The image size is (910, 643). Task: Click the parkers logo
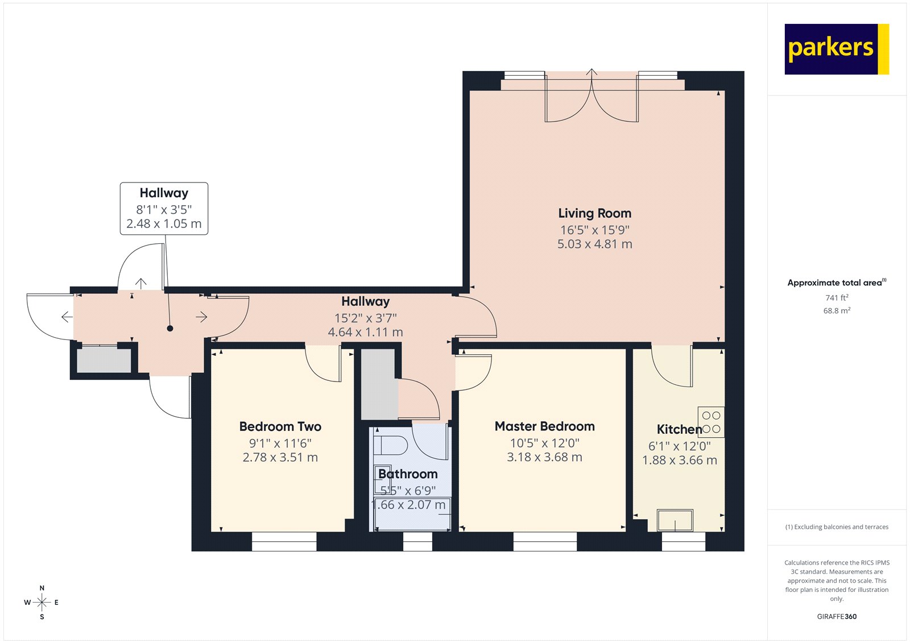tap(836, 49)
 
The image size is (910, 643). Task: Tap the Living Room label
tap(594, 214)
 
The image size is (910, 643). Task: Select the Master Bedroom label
tap(544, 426)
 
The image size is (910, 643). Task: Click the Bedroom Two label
tap(280, 427)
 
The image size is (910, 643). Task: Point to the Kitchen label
tap(679, 430)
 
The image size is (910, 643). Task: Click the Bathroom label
tap(408, 474)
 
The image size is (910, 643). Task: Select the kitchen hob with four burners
tap(711, 422)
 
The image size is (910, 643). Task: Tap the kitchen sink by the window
tap(675, 520)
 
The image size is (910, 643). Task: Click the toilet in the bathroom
tap(391, 445)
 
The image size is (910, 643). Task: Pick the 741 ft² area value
tap(837, 298)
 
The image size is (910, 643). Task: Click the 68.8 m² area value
tap(837, 311)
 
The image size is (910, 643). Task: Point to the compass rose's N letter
tap(42, 588)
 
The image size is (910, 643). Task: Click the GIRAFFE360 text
tap(837, 616)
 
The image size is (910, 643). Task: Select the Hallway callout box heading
tap(164, 193)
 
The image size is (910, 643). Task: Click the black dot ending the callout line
tap(169, 329)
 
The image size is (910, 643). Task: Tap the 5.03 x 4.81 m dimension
tap(594, 244)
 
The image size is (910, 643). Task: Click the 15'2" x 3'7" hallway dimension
tap(365, 318)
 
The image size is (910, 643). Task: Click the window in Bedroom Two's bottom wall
tap(284, 542)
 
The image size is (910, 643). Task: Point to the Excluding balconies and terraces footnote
tap(837, 527)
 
